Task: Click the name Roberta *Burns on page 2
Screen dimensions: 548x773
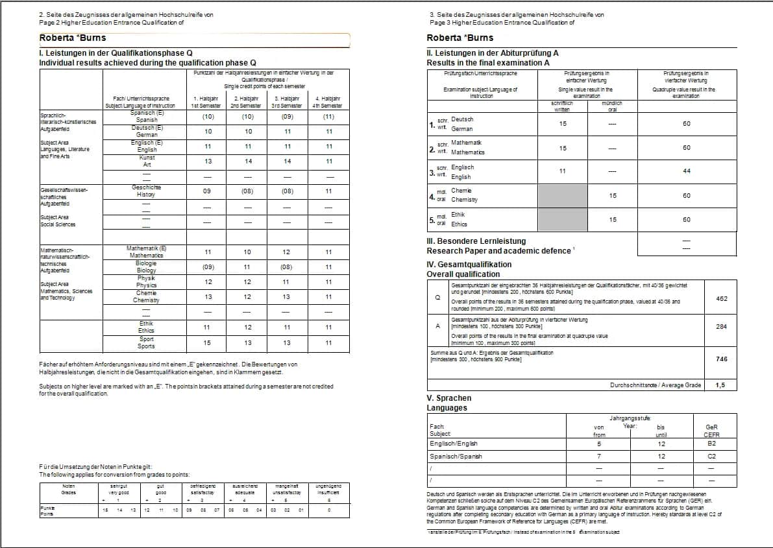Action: tap(73, 38)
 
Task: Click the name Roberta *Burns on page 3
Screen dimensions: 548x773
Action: tap(460, 38)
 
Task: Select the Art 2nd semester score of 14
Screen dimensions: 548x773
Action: tap(247, 161)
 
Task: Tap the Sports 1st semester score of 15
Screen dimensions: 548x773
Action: tap(208, 343)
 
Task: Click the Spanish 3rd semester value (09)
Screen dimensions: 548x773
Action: tap(287, 117)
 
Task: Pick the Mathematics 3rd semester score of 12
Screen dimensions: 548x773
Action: tap(287, 252)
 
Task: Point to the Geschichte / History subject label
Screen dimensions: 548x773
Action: tap(146, 191)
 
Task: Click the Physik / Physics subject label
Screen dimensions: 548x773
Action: tap(146, 281)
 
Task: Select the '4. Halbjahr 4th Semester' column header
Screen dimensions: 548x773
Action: tap(328, 102)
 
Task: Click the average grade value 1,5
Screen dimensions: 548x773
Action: tap(720, 385)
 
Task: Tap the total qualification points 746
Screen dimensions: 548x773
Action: tap(721, 359)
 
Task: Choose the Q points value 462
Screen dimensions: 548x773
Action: tap(721, 299)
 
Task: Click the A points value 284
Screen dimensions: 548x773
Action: tap(721, 327)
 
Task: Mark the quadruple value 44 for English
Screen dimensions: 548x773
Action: tap(687, 171)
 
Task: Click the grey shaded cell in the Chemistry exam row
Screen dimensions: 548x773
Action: tap(563, 195)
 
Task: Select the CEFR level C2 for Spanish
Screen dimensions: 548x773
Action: tap(711, 457)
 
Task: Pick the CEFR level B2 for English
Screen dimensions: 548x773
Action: tap(711, 444)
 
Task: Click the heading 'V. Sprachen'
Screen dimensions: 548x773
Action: tap(449, 398)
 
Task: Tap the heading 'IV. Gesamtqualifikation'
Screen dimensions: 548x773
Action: tap(469, 265)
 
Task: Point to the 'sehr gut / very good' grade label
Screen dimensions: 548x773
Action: tap(117, 488)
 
